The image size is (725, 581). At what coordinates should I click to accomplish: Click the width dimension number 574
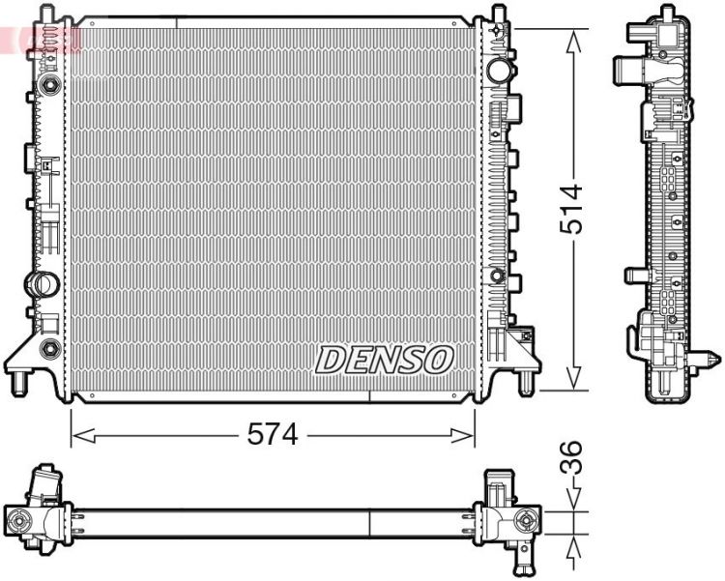pos(272,436)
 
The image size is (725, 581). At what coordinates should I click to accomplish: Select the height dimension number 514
pos(574,208)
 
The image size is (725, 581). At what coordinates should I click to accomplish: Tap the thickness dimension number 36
pos(572,457)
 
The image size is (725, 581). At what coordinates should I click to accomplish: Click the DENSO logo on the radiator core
pos(385,360)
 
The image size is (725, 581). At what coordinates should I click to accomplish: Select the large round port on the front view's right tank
pos(499,70)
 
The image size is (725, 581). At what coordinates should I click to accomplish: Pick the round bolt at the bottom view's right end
pos(528,522)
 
